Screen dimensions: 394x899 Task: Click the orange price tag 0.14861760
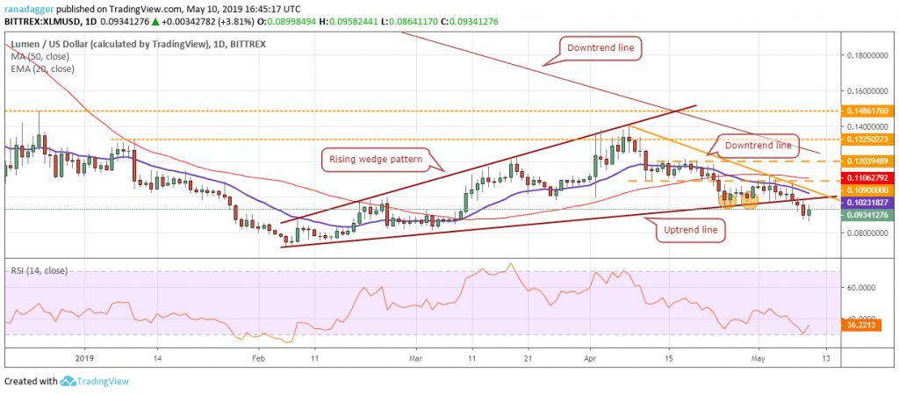[868, 111]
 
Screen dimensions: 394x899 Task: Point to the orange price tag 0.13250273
[868, 139]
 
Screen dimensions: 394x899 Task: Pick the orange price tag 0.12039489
[868, 161]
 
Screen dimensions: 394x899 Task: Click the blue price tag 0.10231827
[868, 202]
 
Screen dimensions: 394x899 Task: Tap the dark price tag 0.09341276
[868, 215]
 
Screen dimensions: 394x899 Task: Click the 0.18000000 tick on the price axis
[868, 54]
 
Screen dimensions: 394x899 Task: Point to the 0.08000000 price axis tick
[868, 233]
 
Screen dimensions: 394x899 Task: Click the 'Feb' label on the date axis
[258, 359]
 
